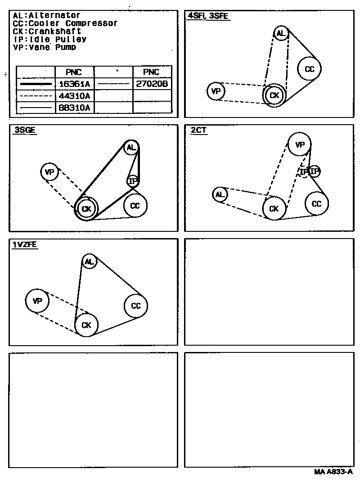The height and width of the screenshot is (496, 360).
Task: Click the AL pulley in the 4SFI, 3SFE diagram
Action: pos(281,33)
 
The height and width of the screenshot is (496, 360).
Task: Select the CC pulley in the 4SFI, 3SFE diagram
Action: pos(310,69)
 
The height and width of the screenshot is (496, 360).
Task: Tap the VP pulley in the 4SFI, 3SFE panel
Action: pos(216,91)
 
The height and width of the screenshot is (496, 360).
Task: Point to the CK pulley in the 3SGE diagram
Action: pos(86,208)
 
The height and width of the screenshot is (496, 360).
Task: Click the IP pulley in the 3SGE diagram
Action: pos(132,181)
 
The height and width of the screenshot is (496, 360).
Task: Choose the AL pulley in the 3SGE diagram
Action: pos(131,148)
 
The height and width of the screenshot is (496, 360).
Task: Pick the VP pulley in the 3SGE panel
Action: pos(49,171)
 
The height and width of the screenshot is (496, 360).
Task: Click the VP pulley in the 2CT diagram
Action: pos(300,144)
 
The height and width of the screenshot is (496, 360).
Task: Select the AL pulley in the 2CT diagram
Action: pos(220,194)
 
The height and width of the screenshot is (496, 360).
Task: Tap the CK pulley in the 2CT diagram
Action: pos(274,208)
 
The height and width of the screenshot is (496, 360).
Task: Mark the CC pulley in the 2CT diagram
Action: pos(317,204)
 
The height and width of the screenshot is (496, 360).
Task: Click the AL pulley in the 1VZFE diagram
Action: pos(89,261)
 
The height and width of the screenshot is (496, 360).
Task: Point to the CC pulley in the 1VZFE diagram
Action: pos(136,306)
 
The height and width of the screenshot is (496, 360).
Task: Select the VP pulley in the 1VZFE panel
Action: pos(37,301)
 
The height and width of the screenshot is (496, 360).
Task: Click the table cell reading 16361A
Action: pos(74,84)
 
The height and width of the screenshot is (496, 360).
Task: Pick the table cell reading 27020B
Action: pos(152,84)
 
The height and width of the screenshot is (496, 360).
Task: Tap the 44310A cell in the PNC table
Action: pos(74,95)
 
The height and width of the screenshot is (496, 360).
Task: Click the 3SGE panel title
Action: pos(25,130)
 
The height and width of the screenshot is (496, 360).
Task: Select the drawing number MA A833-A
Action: pos(333,472)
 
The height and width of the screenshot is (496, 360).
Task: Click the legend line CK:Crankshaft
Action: pos(47,31)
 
